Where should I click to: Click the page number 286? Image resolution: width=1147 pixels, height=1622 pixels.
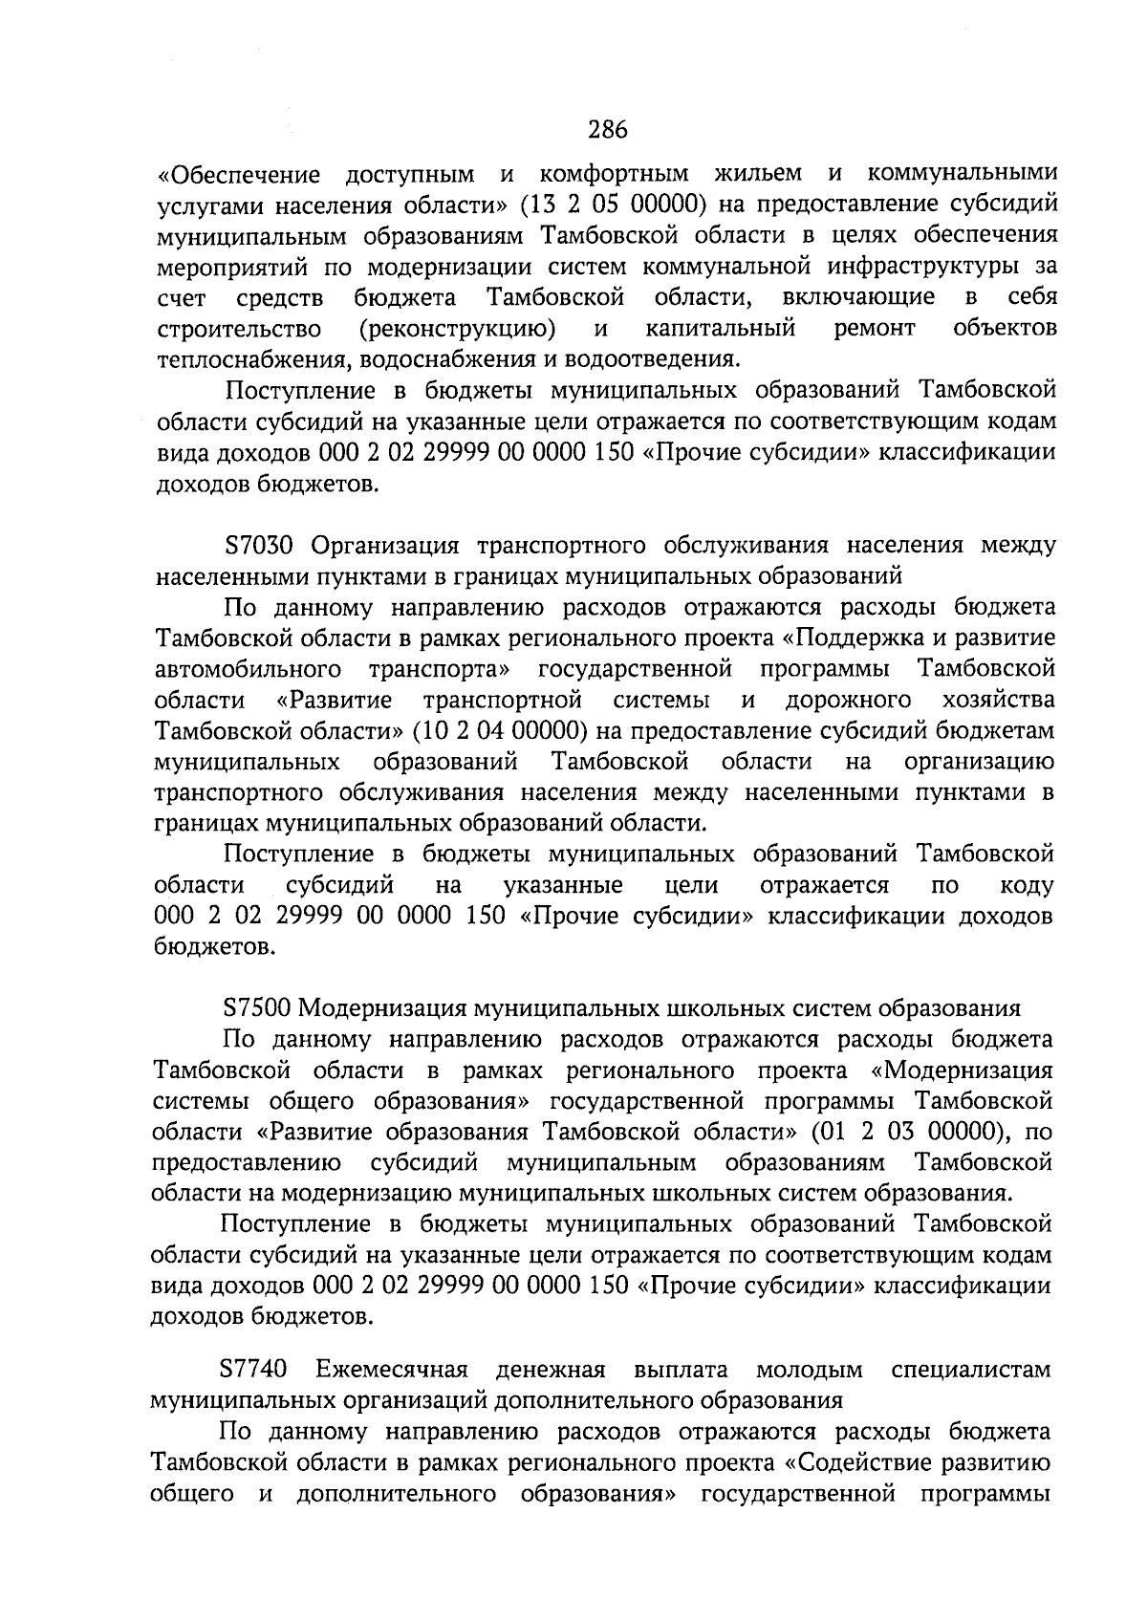[x=607, y=127]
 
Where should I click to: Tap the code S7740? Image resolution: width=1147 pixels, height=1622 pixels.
[x=253, y=1370]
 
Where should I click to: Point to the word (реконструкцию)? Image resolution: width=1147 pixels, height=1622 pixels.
[x=458, y=330]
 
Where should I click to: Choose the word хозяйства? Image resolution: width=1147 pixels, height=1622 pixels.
[x=999, y=701]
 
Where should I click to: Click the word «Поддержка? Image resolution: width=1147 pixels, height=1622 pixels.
[x=874, y=638]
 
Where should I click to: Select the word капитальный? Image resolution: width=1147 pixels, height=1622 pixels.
[x=721, y=330]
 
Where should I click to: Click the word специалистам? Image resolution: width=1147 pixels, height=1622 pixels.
[x=970, y=1370]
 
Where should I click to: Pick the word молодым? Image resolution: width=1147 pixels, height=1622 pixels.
[x=809, y=1370]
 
